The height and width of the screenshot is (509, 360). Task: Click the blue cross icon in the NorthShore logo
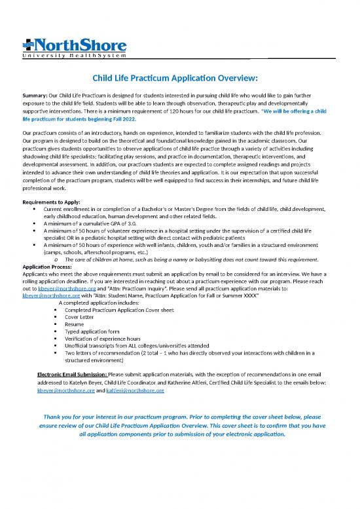coord(29,46)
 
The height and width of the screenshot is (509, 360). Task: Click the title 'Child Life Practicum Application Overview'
coord(180,79)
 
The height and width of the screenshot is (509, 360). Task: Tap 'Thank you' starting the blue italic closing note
coord(58,416)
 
